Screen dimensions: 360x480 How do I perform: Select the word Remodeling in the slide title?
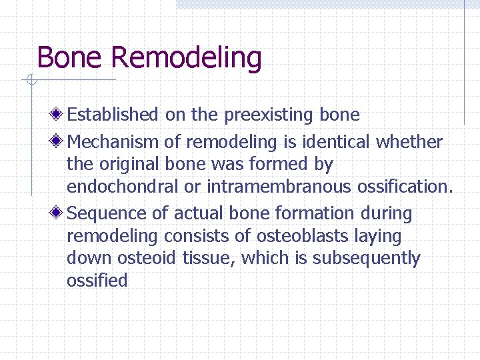pos(186,59)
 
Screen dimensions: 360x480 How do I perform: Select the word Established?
pos(113,115)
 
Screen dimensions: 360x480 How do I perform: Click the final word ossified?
pos(97,281)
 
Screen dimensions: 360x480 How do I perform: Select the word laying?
pos(379,237)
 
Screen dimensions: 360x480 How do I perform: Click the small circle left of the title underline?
pos(29,81)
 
